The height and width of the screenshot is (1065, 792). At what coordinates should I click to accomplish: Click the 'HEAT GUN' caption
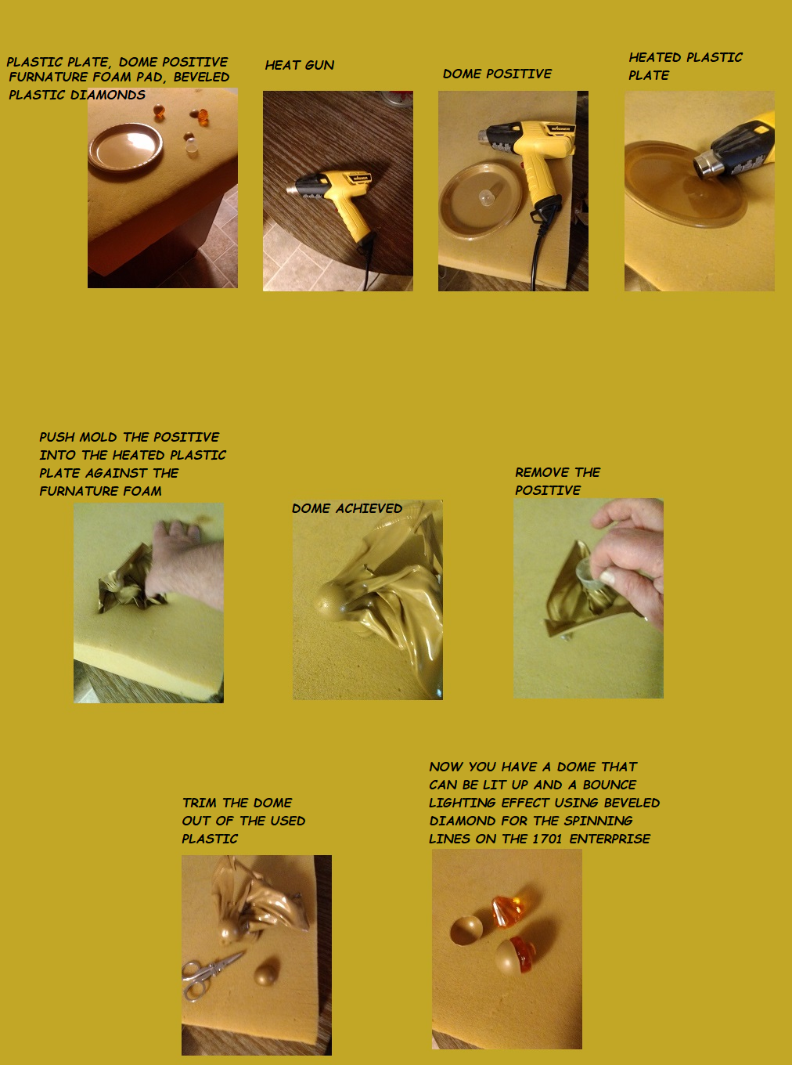coord(300,65)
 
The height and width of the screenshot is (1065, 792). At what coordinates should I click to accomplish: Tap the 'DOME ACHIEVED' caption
coord(347,508)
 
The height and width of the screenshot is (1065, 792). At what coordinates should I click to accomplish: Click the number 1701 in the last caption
coord(547,839)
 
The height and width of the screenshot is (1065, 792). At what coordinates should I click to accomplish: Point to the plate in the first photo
coord(126,147)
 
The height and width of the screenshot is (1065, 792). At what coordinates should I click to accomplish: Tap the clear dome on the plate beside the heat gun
coord(486,197)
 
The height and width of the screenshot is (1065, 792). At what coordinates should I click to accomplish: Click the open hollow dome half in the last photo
coord(466,930)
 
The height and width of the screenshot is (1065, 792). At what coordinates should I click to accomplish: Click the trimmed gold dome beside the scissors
coord(266,972)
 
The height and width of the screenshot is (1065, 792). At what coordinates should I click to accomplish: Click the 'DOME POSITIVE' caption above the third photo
coord(497,74)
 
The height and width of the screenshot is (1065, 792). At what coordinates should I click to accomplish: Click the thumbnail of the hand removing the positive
coord(589,598)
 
